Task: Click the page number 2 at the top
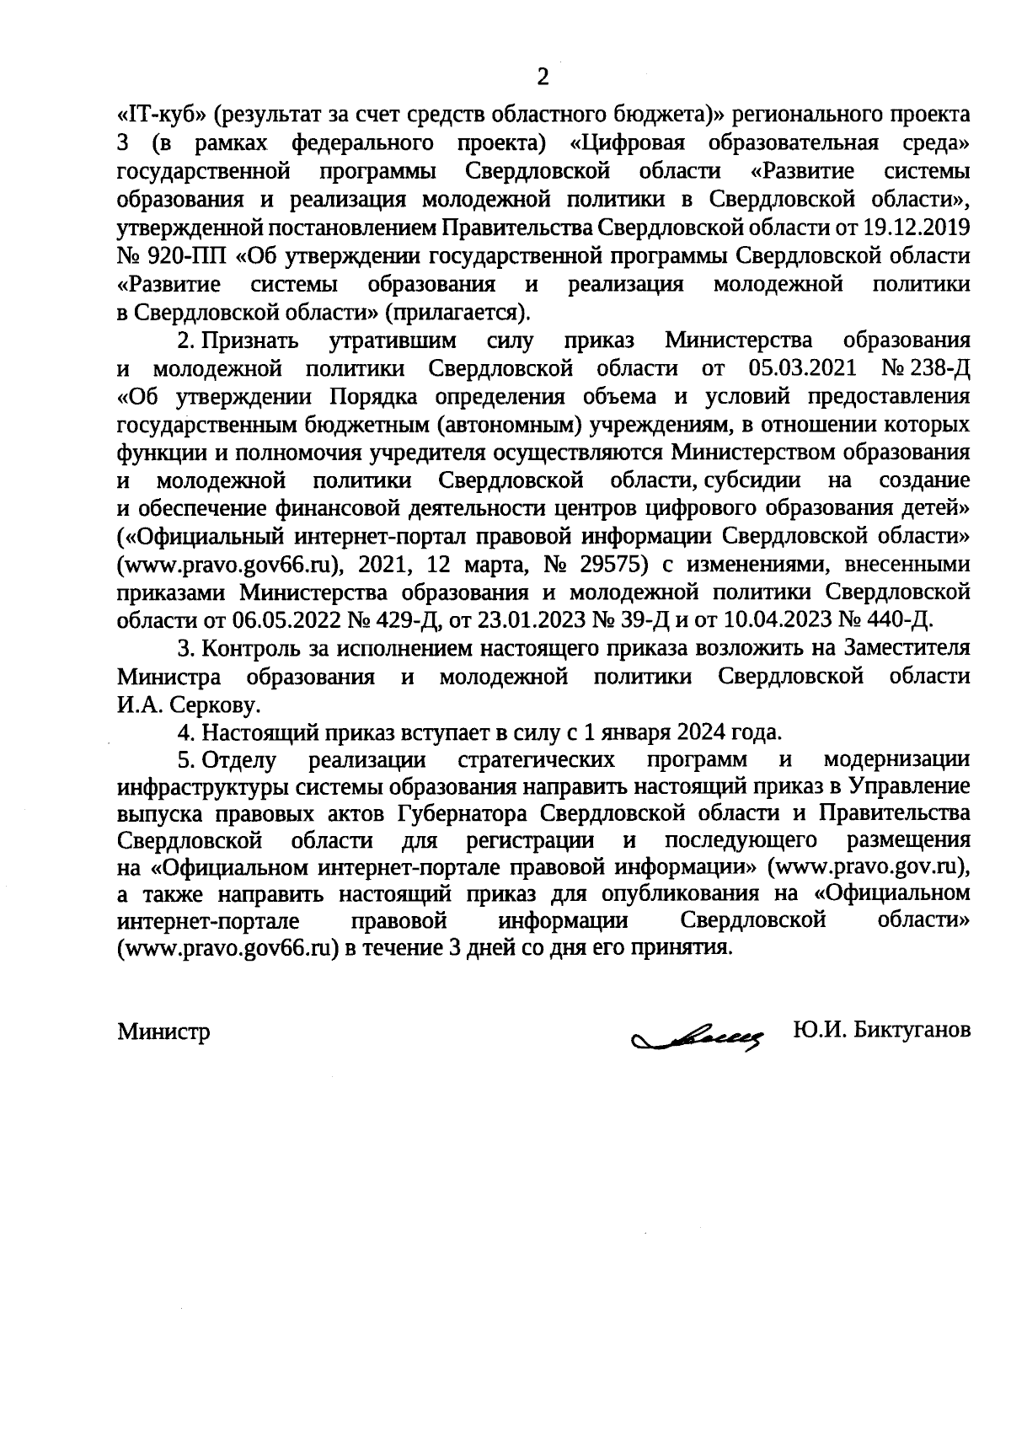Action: tap(543, 78)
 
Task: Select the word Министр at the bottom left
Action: tap(163, 1032)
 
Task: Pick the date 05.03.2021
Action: tap(802, 368)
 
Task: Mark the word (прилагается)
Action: tap(458, 312)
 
